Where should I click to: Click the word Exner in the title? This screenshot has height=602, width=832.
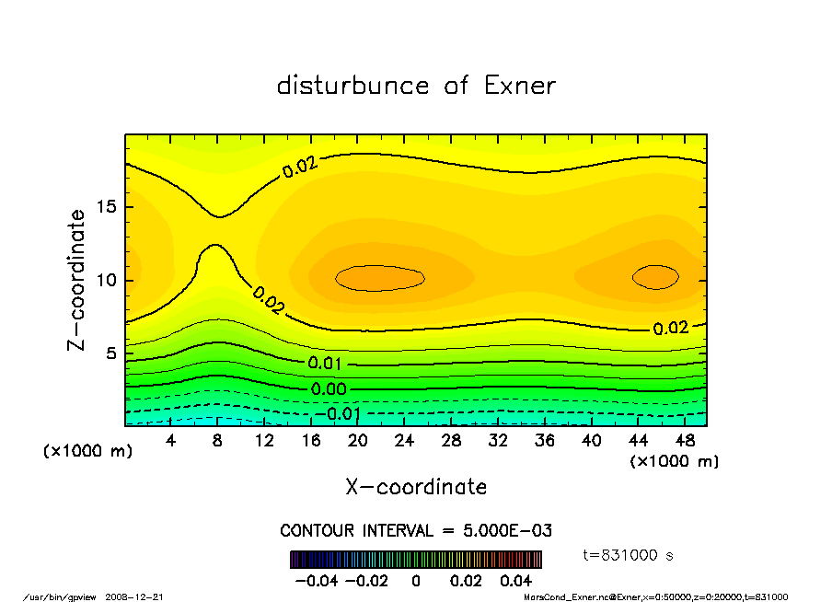click(519, 86)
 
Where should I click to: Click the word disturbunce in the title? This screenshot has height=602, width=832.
click(352, 86)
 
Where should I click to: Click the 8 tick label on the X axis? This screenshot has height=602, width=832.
click(218, 441)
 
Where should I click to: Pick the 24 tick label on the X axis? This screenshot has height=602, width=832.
click(404, 441)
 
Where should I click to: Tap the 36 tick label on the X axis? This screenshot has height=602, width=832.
click(544, 441)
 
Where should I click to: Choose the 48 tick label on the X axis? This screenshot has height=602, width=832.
click(684, 441)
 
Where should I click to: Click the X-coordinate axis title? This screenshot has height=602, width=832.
click(416, 486)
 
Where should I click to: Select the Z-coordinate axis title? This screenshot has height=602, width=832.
click(77, 280)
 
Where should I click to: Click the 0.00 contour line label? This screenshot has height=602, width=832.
click(329, 389)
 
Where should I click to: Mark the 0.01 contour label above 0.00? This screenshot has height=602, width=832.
click(326, 363)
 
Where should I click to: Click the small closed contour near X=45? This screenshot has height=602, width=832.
click(655, 276)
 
